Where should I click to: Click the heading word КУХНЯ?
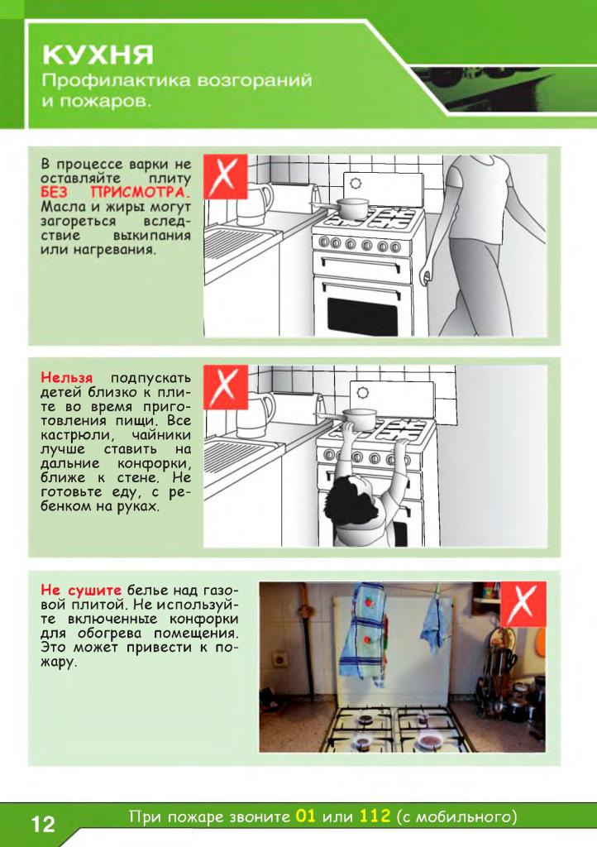point(98,55)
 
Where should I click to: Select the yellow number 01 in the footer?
point(305,816)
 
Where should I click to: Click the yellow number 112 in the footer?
point(374,816)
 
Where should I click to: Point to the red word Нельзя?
point(66,377)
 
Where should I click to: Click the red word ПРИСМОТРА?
point(141,192)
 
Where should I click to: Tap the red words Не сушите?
point(81,589)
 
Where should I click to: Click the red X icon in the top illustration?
point(226,176)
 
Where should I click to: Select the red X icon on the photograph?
point(523,604)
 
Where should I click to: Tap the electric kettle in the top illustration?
point(255,205)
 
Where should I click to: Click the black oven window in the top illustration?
point(363,316)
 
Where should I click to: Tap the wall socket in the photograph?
point(279,658)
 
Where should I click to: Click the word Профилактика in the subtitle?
point(116,80)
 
